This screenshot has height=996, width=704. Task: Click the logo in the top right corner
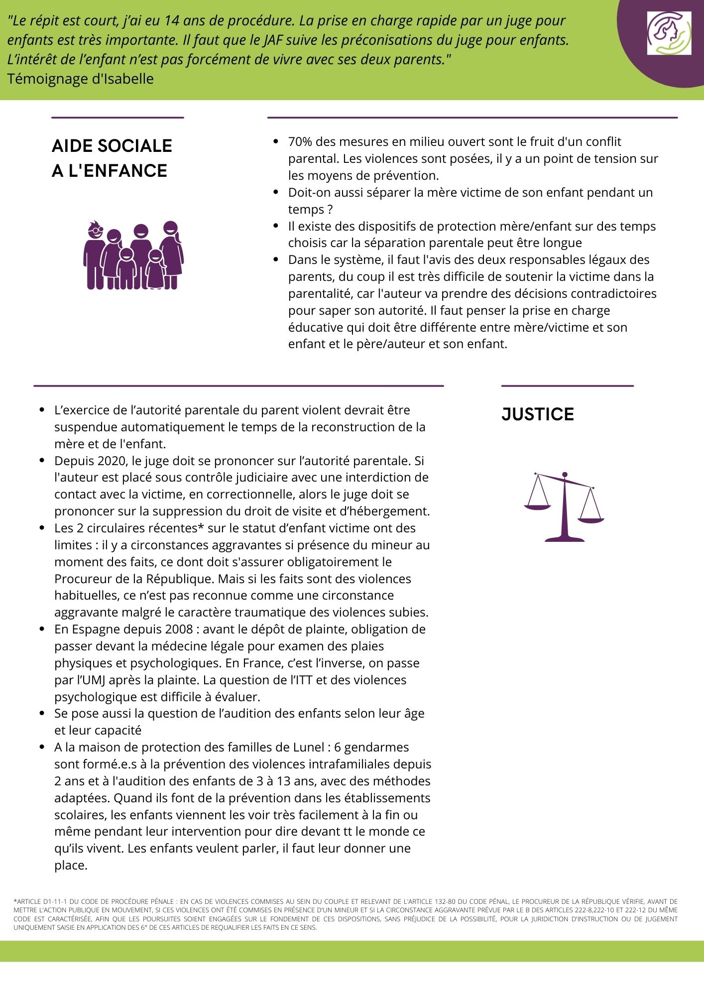669,33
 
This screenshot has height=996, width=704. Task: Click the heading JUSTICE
537,414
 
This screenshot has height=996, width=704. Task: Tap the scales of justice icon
564,506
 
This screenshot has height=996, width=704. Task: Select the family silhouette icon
133,255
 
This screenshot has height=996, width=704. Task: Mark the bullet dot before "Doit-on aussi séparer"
276,192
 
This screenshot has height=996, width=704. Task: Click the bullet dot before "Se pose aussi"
42,713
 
